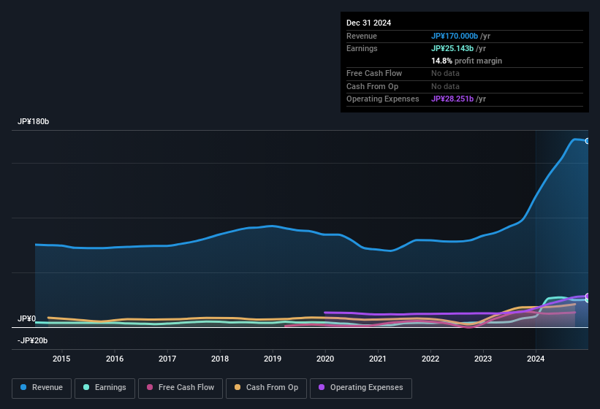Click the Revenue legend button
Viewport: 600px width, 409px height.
tap(42, 388)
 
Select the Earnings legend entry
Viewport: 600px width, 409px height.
tap(104, 388)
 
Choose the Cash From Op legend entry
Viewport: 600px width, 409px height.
tap(266, 388)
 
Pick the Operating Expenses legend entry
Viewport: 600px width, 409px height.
tap(361, 388)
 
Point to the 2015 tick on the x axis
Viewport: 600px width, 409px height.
tap(61, 359)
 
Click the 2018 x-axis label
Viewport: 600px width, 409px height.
tap(220, 359)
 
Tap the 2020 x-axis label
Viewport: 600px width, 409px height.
tap(325, 359)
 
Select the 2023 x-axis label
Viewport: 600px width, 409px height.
tap(483, 359)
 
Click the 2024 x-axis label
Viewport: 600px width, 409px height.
tap(536, 359)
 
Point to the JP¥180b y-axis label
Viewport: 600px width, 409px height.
tap(34, 121)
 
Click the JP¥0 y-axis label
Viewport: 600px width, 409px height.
tap(26, 319)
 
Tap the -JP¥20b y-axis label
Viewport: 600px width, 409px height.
tap(32, 340)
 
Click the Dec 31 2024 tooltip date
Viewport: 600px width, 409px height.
tap(368, 23)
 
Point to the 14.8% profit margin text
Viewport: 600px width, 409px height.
tap(466, 61)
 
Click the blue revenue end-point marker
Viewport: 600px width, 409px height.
tap(587, 141)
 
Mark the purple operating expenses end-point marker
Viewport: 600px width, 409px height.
tap(587, 296)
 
